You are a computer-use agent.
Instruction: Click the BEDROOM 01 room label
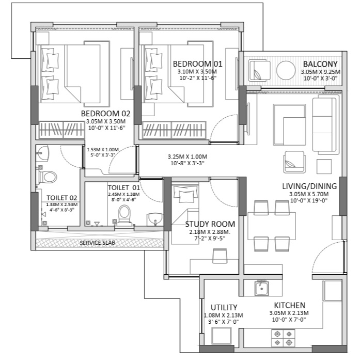coord(197,64)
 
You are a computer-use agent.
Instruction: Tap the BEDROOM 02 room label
coord(105,114)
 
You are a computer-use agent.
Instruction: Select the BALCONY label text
coord(320,64)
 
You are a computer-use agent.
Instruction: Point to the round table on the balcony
coord(286,70)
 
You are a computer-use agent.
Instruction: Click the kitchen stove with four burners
coord(283,338)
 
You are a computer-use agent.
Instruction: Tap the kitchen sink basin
coord(262,288)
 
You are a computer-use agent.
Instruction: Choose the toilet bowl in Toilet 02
coord(48,177)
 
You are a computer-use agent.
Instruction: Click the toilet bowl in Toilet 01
coord(124,214)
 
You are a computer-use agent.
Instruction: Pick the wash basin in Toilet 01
coord(155,218)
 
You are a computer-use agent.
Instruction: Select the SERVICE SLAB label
coord(97,243)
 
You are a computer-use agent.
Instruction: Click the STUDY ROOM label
coord(210,224)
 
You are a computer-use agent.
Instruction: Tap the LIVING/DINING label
coord(309,186)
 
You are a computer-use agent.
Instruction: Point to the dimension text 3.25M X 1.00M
coord(187,157)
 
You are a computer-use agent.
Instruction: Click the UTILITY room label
coord(224,307)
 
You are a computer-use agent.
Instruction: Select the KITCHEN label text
coord(290,305)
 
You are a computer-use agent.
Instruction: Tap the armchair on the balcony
coord(259,70)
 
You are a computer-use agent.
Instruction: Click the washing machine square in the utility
coord(222,336)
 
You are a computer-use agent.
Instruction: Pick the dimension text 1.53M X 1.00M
coord(103,150)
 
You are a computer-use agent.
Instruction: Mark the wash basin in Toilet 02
coord(43,152)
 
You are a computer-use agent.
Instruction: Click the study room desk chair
coord(220,256)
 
